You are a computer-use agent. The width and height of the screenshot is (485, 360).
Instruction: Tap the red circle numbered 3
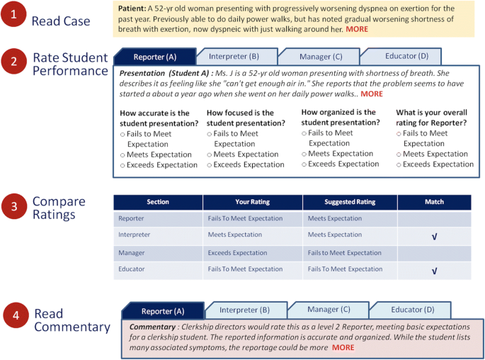(14, 206)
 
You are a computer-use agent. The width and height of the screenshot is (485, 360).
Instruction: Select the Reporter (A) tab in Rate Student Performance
(154, 57)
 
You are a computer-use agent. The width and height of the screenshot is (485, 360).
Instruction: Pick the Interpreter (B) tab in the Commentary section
(244, 310)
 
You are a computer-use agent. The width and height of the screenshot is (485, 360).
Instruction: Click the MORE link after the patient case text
(357, 30)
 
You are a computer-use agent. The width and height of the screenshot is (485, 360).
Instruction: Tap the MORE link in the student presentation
(371, 94)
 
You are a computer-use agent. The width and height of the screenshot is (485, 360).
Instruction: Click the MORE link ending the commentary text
(343, 347)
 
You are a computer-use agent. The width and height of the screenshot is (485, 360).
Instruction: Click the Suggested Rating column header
(349, 202)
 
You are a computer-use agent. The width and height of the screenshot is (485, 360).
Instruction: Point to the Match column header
(434, 202)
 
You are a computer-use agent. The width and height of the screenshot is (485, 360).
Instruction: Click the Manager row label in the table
(132, 252)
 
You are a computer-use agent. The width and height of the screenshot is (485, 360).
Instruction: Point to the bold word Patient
(132, 8)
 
